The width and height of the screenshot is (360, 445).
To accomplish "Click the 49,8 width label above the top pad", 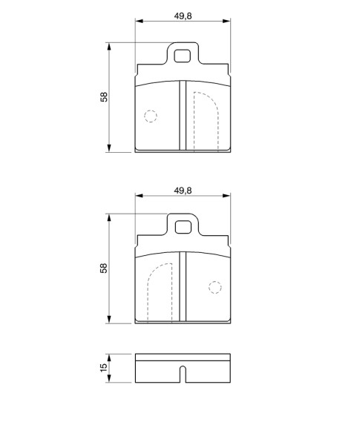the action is (183, 16).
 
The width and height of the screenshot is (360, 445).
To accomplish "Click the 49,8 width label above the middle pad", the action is (183, 191).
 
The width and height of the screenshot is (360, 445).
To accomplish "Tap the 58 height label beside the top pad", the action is (104, 97).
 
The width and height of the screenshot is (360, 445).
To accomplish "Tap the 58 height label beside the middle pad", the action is (104, 268).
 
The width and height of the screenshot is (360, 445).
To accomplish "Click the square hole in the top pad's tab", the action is (182, 56).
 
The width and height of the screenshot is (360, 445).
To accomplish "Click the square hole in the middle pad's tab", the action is (183, 227).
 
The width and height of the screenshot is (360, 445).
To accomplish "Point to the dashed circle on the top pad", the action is (151, 116).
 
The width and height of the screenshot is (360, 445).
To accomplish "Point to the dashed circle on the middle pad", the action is (215, 288).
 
